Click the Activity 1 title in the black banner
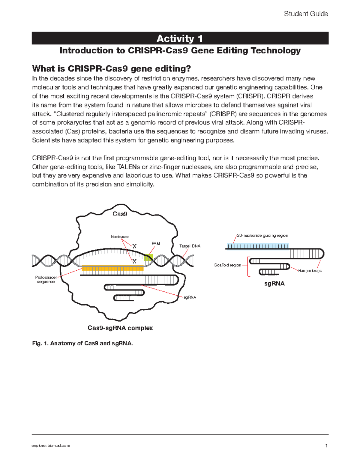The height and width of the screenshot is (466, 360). (180, 38)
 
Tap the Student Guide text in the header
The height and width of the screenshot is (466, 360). (306, 14)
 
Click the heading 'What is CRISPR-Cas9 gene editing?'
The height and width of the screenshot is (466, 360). (111, 69)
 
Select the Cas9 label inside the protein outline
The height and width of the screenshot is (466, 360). (120, 214)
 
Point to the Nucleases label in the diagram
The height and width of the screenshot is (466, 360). (120, 237)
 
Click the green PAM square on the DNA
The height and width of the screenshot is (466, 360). (148, 257)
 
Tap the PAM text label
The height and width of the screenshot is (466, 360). (156, 243)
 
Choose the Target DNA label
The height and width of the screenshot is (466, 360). (190, 246)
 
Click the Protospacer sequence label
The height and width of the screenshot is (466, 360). (46, 280)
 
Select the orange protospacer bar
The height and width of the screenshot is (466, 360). (112, 268)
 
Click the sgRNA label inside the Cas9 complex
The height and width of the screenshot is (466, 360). (190, 297)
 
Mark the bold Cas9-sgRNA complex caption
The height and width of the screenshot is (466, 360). (120, 328)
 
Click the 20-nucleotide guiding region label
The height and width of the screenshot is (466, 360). (262, 236)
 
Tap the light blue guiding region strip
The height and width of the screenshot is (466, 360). (258, 246)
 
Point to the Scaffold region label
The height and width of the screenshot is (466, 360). (227, 265)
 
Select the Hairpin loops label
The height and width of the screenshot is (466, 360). (310, 271)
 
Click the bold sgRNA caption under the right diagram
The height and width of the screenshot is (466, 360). (274, 284)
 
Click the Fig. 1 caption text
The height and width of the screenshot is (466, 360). (82, 343)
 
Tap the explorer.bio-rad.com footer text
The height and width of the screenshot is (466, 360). (51, 446)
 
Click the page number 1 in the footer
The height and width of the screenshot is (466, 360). (326, 446)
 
